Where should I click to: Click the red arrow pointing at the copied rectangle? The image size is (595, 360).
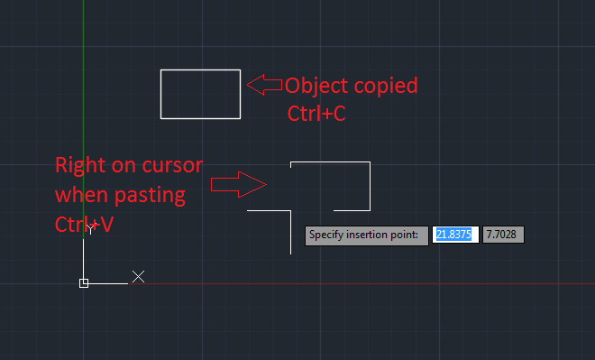click(x=263, y=86)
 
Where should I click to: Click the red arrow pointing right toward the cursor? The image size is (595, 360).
click(x=238, y=185)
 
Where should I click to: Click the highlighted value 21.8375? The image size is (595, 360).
click(x=455, y=235)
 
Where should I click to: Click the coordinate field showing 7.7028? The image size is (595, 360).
click(x=502, y=235)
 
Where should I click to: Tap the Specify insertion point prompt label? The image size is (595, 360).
click(x=366, y=235)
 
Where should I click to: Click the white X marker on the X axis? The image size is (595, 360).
click(x=138, y=276)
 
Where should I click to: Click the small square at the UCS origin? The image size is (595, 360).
click(x=84, y=283)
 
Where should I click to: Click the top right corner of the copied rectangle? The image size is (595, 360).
click(x=240, y=69)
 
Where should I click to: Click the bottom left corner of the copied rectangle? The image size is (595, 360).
click(x=161, y=117)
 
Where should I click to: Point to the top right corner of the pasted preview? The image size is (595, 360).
click(x=370, y=162)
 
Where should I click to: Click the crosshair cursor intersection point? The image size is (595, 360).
click(x=290, y=210)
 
